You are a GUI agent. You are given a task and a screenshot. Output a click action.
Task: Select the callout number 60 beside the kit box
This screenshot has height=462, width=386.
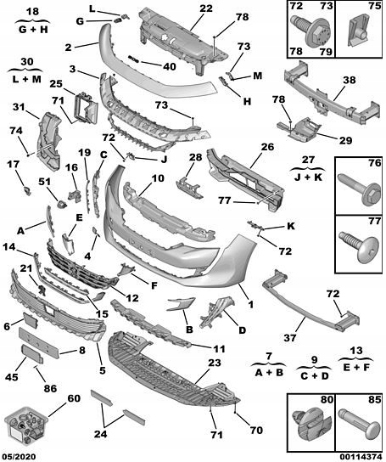pos(74,397)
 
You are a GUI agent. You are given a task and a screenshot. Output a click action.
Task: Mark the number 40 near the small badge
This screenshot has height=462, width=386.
pos(170,65)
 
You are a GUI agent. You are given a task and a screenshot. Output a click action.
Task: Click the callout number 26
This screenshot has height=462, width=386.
pos(267,146)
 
